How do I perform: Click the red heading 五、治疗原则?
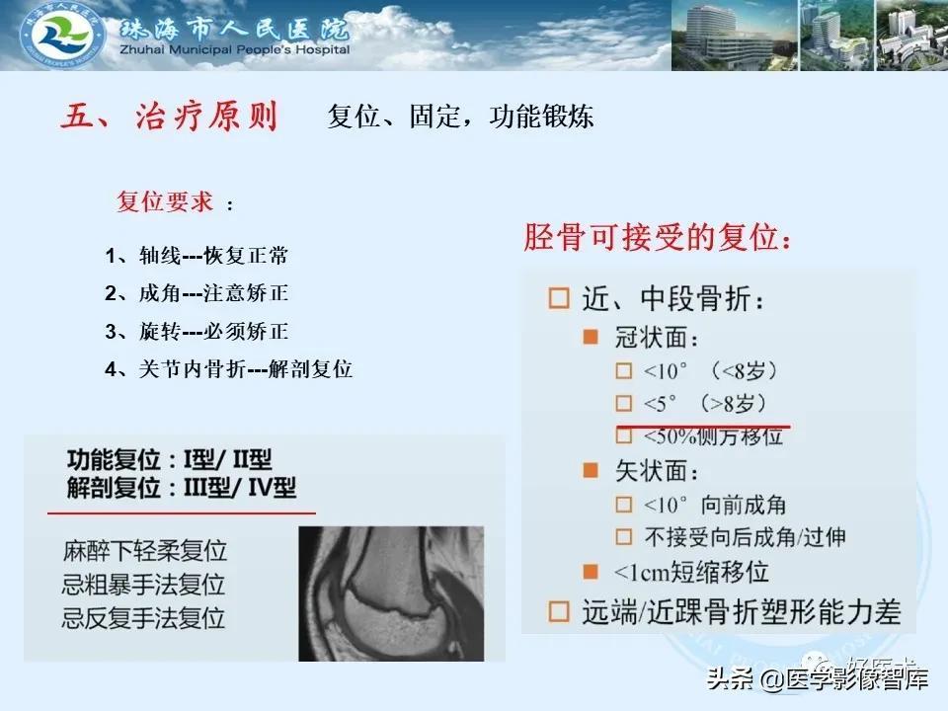[169, 117]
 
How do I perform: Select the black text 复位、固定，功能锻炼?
[460, 117]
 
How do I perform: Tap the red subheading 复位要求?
[165, 201]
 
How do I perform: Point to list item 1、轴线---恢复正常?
[197, 256]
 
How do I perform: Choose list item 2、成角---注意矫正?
[197, 293]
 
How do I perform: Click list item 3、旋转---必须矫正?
[197, 332]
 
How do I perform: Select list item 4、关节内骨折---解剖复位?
[228, 368]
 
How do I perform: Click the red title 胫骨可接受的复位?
[658, 236]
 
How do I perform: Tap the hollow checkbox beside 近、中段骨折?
[559, 298]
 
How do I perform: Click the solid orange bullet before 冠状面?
[591, 337]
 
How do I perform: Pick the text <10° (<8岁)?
[710, 370]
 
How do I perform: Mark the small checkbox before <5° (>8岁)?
[623, 403]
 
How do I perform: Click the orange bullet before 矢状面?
[591, 470]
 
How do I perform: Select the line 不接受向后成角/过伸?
[745, 537]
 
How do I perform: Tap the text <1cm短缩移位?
[691, 572]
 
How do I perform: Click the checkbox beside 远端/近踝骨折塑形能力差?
[559, 611]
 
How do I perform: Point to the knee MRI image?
[391, 593]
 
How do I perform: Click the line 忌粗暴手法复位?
[143, 585]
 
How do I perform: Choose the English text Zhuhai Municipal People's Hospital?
[235, 49]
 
